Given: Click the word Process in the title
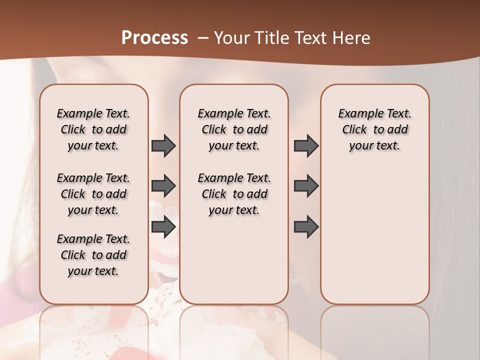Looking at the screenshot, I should pos(154,38).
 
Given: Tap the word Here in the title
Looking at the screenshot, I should pos(352,38).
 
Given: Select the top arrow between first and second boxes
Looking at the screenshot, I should pos(163,146).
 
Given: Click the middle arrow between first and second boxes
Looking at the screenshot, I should pos(163,186).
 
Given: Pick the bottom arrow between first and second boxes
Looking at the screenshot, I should pos(163,226).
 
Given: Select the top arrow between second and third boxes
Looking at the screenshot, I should pos(306,146).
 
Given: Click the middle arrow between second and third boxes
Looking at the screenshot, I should pos(306,186).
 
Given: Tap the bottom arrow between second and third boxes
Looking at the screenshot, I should pos(306,226).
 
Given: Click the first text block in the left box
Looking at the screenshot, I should pos(93,129).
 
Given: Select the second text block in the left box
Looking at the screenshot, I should pos(93,194).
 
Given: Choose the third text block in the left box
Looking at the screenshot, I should pos(93,255).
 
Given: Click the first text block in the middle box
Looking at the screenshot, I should pos(234,129).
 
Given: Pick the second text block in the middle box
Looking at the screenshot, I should pos(234,194).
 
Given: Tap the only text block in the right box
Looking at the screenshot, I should pos(374,129).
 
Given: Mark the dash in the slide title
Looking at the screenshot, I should pos(203,38).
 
